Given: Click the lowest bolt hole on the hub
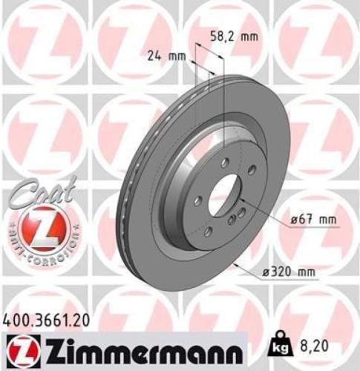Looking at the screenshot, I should point(209,232).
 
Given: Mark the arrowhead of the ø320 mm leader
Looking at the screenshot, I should point(235,263).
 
